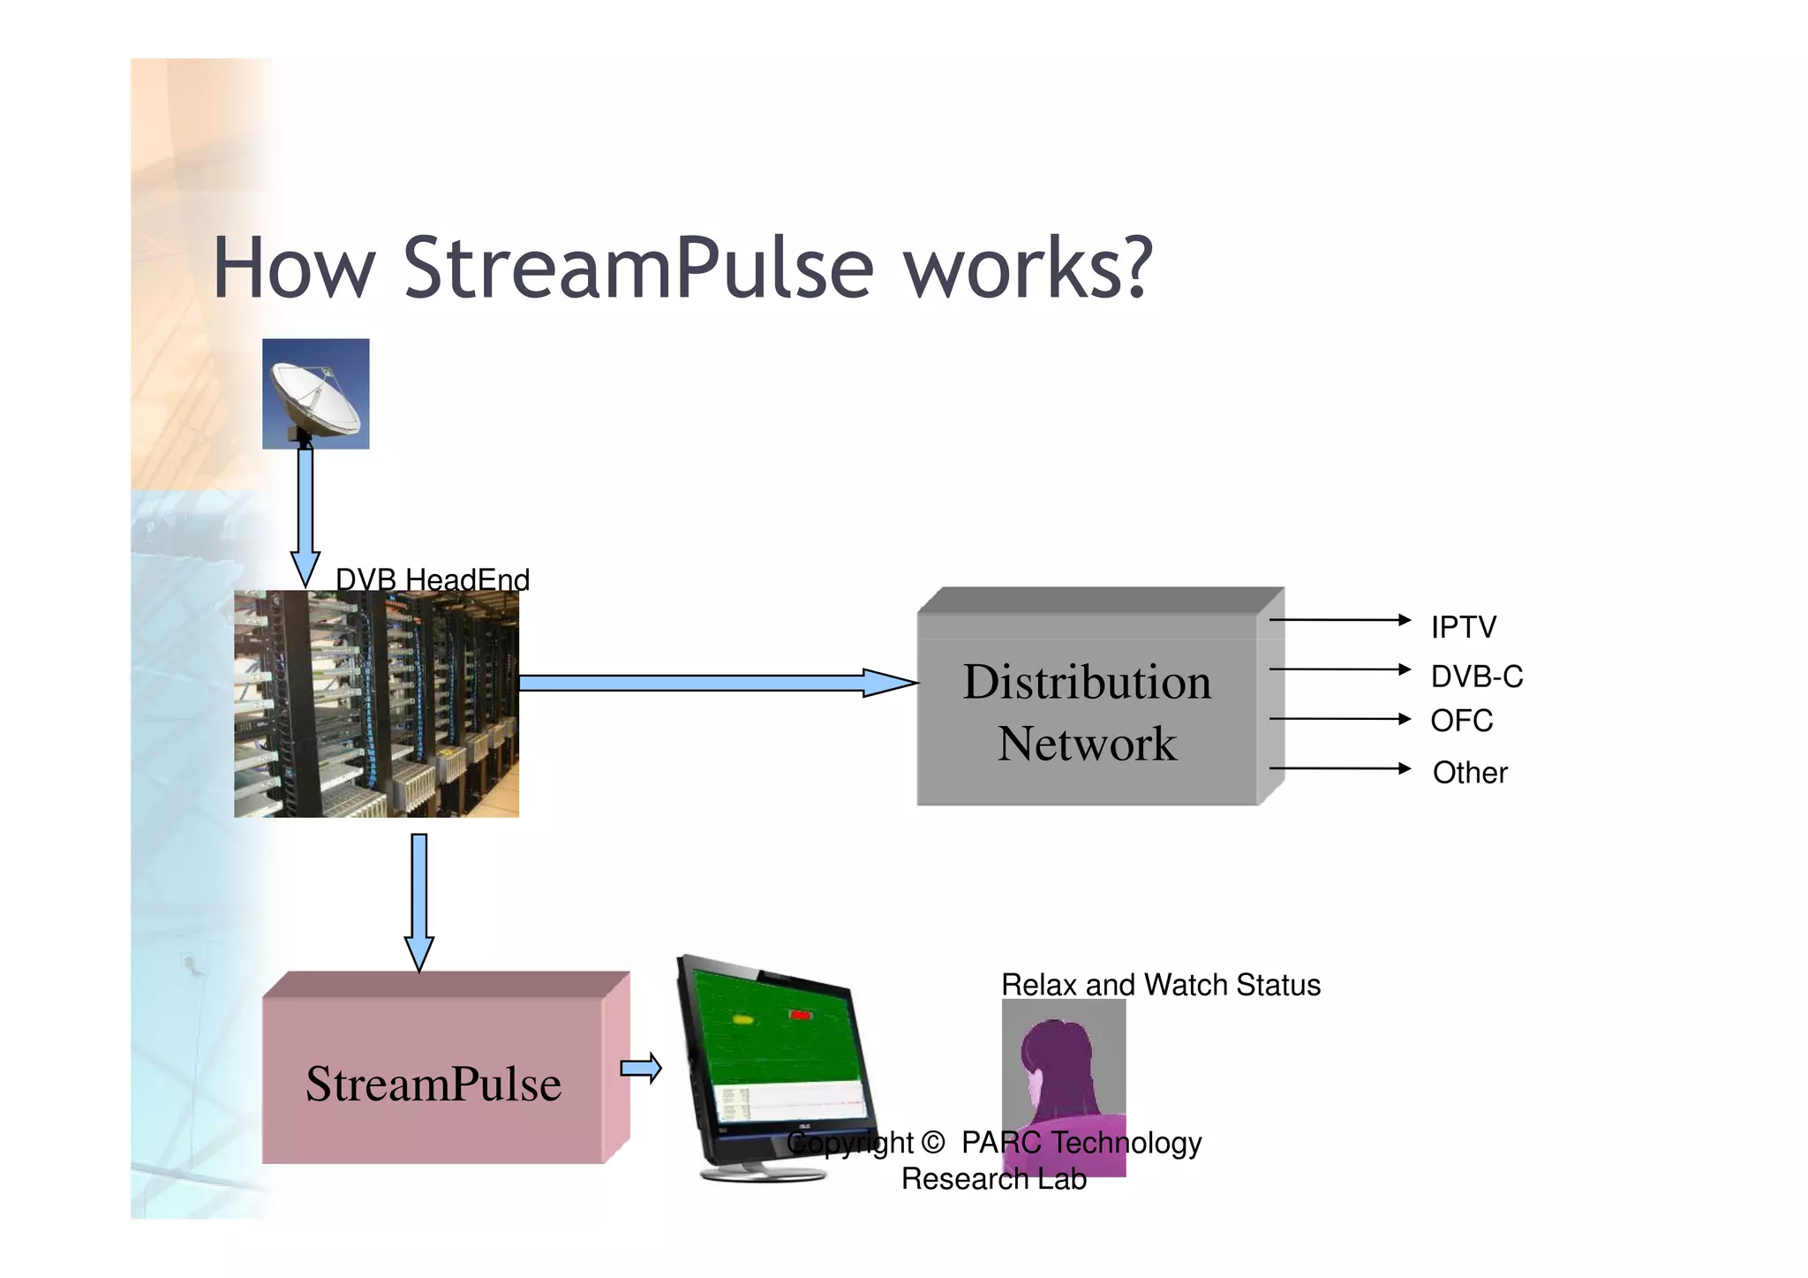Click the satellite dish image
click(x=315, y=394)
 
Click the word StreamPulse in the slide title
click(x=637, y=268)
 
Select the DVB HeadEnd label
click(x=433, y=579)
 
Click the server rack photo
click(x=376, y=704)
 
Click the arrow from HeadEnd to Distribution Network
click(x=715, y=683)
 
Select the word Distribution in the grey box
click(x=1087, y=682)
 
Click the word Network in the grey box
click(x=1087, y=744)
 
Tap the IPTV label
click(x=1463, y=627)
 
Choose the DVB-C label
click(x=1476, y=677)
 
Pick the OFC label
click(x=1461, y=721)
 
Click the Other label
click(x=1469, y=773)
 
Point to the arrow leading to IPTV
click(x=1339, y=620)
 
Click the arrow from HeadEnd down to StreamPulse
click(x=419, y=901)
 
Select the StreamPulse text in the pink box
click(x=433, y=1084)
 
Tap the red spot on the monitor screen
click(x=800, y=1016)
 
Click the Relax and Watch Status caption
click(x=1160, y=985)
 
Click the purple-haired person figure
click(x=1063, y=1078)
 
